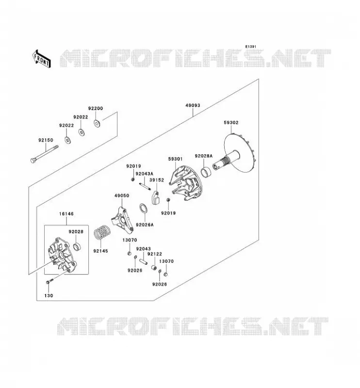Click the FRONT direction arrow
pyautogui.click(x=42, y=58)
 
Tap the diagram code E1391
pyautogui.click(x=250, y=47)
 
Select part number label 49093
pyautogui.click(x=193, y=105)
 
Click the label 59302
pyautogui.click(x=231, y=123)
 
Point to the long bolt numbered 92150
pyautogui.click(x=45, y=154)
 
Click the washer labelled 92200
pyautogui.click(x=97, y=123)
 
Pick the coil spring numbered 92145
pyautogui.click(x=102, y=233)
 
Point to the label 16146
pyautogui.click(x=66, y=214)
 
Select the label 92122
pyautogui.click(x=154, y=254)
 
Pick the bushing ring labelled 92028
pyautogui.click(x=78, y=246)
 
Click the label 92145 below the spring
pyautogui.click(x=100, y=251)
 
